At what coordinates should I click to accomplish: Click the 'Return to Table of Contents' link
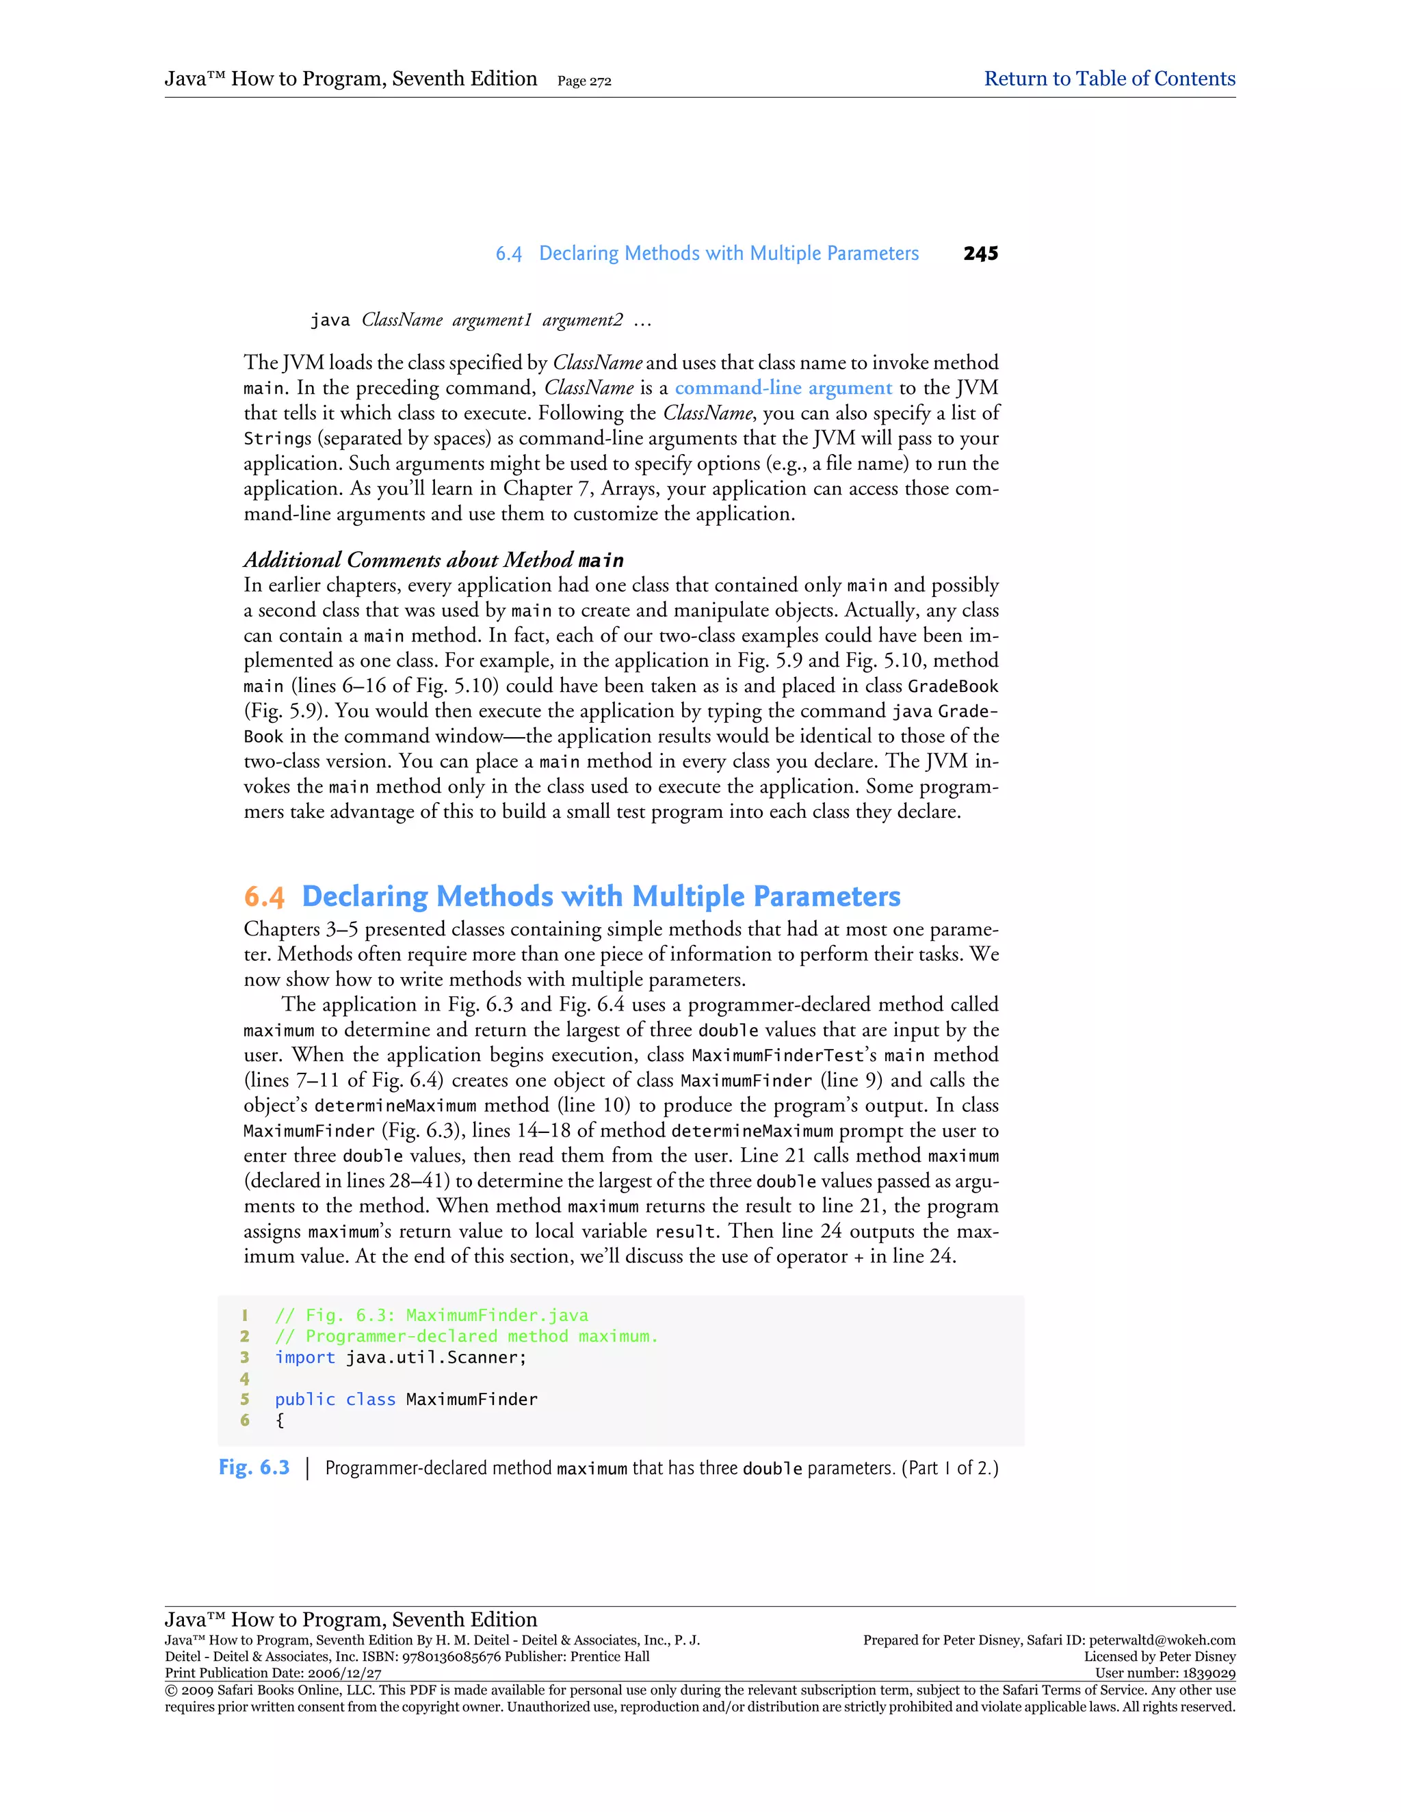coord(1109,79)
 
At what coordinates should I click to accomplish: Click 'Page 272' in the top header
coord(584,81)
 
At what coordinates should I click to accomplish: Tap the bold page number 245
coord(980,254)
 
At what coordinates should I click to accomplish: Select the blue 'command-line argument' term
coord(783,388)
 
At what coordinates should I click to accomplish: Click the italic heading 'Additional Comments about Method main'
coord(433,560)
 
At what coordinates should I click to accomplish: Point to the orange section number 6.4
coord(264,897)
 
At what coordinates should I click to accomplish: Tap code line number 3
coord(245,1357)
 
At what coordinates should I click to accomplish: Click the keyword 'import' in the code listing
coord(304,1357)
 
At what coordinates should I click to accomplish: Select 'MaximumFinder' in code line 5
coord(471,1400)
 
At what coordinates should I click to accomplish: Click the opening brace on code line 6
coord(280,1420)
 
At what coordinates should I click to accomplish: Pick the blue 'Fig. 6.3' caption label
coord(254,1467)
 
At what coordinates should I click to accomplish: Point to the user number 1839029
coord(1207,1673)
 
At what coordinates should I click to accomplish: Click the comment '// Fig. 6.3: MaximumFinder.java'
coord(431,1315)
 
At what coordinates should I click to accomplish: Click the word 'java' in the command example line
coord(330,320)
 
